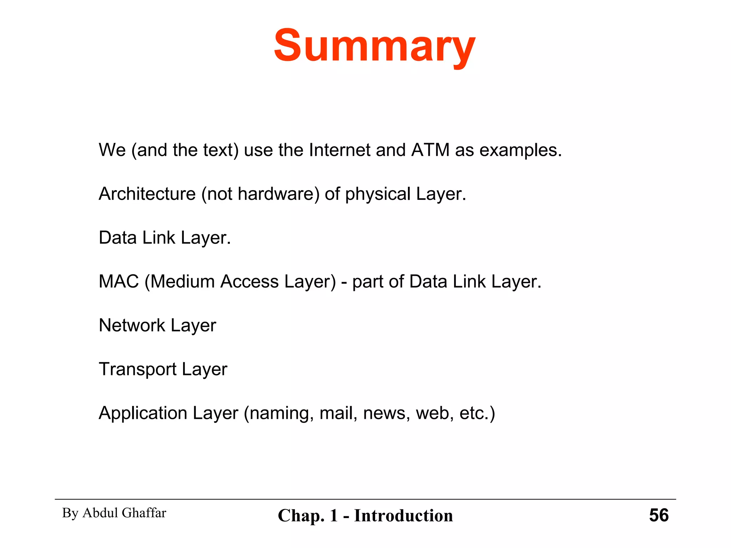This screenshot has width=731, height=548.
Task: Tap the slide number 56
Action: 659,515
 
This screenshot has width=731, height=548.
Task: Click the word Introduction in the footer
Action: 403,516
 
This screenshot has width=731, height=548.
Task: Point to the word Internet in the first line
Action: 339,150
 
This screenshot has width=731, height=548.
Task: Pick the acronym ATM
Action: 430,150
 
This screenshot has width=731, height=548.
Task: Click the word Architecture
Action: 147,194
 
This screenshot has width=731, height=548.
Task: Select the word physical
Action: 378,194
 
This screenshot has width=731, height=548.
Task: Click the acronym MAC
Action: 119,281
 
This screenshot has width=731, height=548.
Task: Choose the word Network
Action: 132,325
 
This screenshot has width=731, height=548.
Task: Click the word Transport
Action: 137,370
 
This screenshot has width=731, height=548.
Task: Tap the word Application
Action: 143,413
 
